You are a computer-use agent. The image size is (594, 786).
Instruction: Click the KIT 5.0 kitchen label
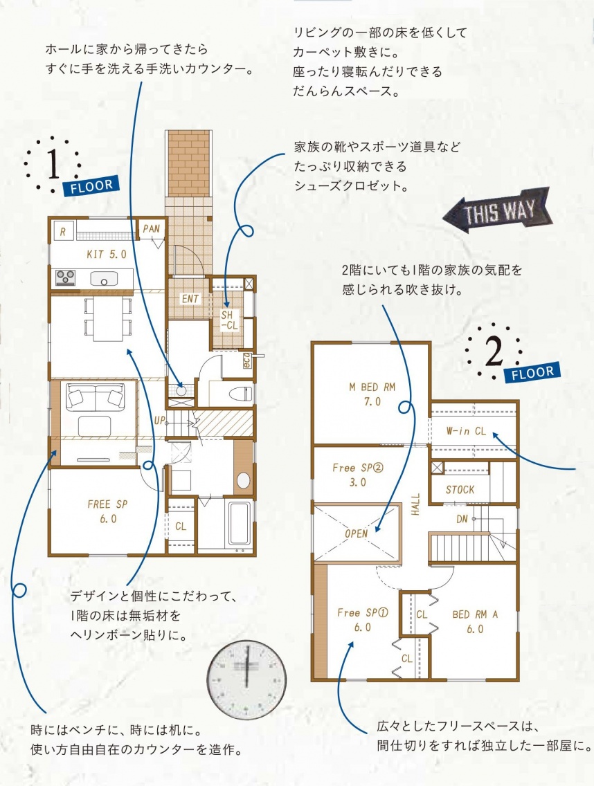coord(107,254)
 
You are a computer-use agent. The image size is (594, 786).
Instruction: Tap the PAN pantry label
coord(151,228)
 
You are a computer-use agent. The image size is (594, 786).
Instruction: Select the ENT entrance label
coord(190,299)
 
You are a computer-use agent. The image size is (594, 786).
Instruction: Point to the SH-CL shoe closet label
coord(228,320)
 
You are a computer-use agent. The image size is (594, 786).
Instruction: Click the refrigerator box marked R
coord(63,232)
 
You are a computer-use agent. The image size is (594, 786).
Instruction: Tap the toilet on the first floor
coord(241,394)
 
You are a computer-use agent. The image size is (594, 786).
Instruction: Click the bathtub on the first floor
coord(240,523)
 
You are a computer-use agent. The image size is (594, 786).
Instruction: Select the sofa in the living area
coord(96,396)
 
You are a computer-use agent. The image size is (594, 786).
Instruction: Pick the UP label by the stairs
coord(159,421)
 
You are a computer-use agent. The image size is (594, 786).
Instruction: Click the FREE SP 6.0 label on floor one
coord(108,511)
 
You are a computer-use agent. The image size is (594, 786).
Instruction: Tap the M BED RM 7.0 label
coord(372,394)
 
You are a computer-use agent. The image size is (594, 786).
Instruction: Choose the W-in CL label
coord(466,430)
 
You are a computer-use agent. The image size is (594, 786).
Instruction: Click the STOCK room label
coord(460,490)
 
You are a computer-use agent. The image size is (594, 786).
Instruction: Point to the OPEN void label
coord(357,533)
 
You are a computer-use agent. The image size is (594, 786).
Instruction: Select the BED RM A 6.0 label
coord(475,621)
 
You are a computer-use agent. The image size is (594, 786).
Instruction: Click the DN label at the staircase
coord(462,520)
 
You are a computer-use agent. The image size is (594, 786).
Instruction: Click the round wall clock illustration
coord(246,682)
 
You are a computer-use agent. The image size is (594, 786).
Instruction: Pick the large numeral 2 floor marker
coord(494,352)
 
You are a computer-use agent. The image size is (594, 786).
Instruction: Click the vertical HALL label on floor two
coord(415,504)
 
